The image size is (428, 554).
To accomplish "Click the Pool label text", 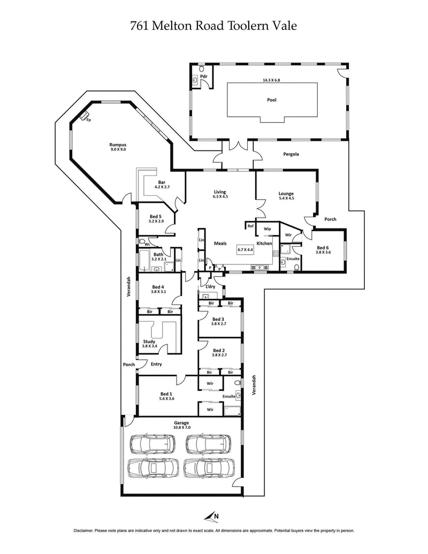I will click(x=272, y=100).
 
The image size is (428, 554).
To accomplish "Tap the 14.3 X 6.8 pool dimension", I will click(x=272, y=80).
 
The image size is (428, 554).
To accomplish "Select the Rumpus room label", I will click(x=118, y=145).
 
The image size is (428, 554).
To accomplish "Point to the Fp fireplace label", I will click(x=88, y=120).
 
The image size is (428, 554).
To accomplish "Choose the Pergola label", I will click(x=291, y=154).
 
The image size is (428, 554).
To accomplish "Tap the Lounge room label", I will click(x=286, y=193).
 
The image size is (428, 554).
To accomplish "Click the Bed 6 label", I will click(x=323, y=247).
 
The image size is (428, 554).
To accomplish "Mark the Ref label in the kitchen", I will click(x=250, y=226).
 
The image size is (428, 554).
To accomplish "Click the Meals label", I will click(x=220, y=243).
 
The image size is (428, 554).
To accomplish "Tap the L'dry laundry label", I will click(x=211, y=287).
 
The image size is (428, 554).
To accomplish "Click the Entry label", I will click(x=156, y=365).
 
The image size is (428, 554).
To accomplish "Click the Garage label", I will click(x=181, y=423).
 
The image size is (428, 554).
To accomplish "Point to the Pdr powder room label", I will click(x=203, y=78).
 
